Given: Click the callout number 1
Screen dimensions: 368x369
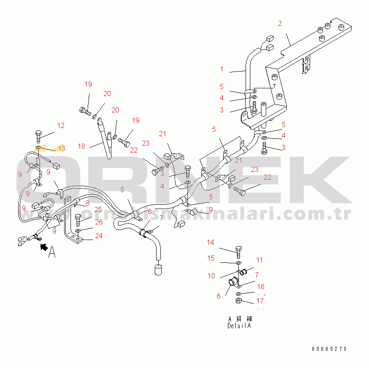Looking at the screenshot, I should point(222,69).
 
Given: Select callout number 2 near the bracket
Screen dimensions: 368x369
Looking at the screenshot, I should point(280,23).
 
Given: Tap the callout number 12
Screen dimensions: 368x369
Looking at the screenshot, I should point(61,126).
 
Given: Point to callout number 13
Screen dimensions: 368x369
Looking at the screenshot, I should point(61,148).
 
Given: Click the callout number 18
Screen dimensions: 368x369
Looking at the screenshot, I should point(82,147).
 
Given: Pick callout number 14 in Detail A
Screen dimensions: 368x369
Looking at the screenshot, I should point(210,243).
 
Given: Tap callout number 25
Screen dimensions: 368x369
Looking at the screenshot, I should point(98,209).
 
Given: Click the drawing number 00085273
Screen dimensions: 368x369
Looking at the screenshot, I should point(329,349).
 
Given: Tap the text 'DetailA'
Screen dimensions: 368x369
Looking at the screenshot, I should point(239,326).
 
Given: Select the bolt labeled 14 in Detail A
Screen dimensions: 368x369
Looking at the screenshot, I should point(238,250).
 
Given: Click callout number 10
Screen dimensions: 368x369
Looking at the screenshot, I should point(212,276).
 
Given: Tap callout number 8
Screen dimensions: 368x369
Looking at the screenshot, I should point(87,203).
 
